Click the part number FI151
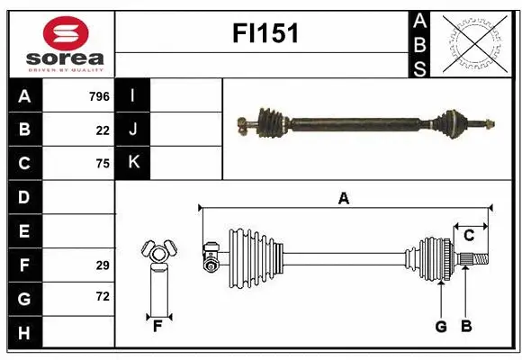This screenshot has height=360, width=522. (265, 34)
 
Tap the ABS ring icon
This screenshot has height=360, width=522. (474, 42)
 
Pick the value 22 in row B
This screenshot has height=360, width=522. (103, 130)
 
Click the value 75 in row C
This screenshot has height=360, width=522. (103, 164)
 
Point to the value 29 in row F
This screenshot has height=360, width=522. (103, 265)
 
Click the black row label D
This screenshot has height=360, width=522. (24, 197)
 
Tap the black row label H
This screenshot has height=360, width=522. (24, 332)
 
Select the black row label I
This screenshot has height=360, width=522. (133, 96)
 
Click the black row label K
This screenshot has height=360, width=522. (133, 164)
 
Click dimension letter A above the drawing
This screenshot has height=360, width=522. (343, 199)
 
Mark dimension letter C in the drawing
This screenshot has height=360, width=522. (469, 236)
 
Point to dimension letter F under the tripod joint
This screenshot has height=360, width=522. (157, 326)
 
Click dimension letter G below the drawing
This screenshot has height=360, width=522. (441, 327)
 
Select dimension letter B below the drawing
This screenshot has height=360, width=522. (465, 327)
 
